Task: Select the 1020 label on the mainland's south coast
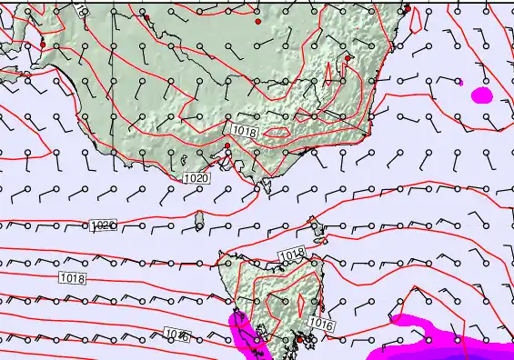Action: click(x=197, y=178)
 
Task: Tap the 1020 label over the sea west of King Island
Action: click(x=104, y=225)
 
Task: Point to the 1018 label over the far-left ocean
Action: click(x=73, y=277)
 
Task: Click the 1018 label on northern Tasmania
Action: click(x=291, y=254)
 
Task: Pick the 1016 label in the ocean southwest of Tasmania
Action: click(x=177, y=336)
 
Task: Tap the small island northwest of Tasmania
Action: click(x=199, y=219)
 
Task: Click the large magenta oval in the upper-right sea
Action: click(x=481, y=94)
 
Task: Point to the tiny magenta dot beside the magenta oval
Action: click(x=461, y=83)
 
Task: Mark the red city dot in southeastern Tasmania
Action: click(x=298, y=340)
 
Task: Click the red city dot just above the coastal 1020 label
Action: click(x=227, y=145)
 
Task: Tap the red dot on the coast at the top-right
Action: click(x=408, y=8)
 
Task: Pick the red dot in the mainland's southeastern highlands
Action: click(x=348, y=57)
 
